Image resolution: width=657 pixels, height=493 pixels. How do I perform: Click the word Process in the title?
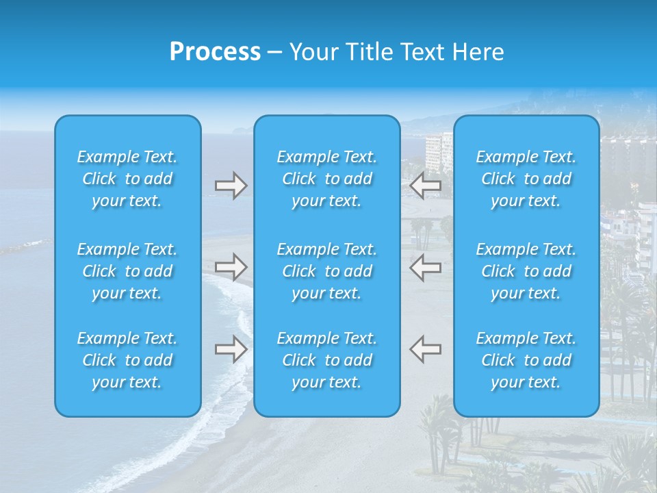click(215, 52)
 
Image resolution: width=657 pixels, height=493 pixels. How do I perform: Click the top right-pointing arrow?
click(231, 186)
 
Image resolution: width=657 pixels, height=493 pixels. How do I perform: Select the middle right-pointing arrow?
click(231, 267)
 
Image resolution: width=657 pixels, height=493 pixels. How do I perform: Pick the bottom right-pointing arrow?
click(231, 349)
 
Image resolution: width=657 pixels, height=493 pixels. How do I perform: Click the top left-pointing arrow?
click(426, 186)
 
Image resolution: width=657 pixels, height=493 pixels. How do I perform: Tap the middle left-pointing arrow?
click(426, 267)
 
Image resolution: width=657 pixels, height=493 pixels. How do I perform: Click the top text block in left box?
click(127, 179)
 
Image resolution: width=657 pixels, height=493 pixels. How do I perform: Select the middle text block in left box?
click(127, 271)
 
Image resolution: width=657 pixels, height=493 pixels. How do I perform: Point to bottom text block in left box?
click(127, 360)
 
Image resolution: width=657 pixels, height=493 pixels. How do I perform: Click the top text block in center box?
click(327, 179)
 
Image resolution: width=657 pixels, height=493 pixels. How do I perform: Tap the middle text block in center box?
click(327, 271)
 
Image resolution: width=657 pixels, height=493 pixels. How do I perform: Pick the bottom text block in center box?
click(327, 360)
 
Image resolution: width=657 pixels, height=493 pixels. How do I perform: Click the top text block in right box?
click(526, 179)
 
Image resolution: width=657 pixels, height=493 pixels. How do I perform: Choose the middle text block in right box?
click(526, 271)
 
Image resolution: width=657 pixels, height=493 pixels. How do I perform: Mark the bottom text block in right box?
click(526, 360)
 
